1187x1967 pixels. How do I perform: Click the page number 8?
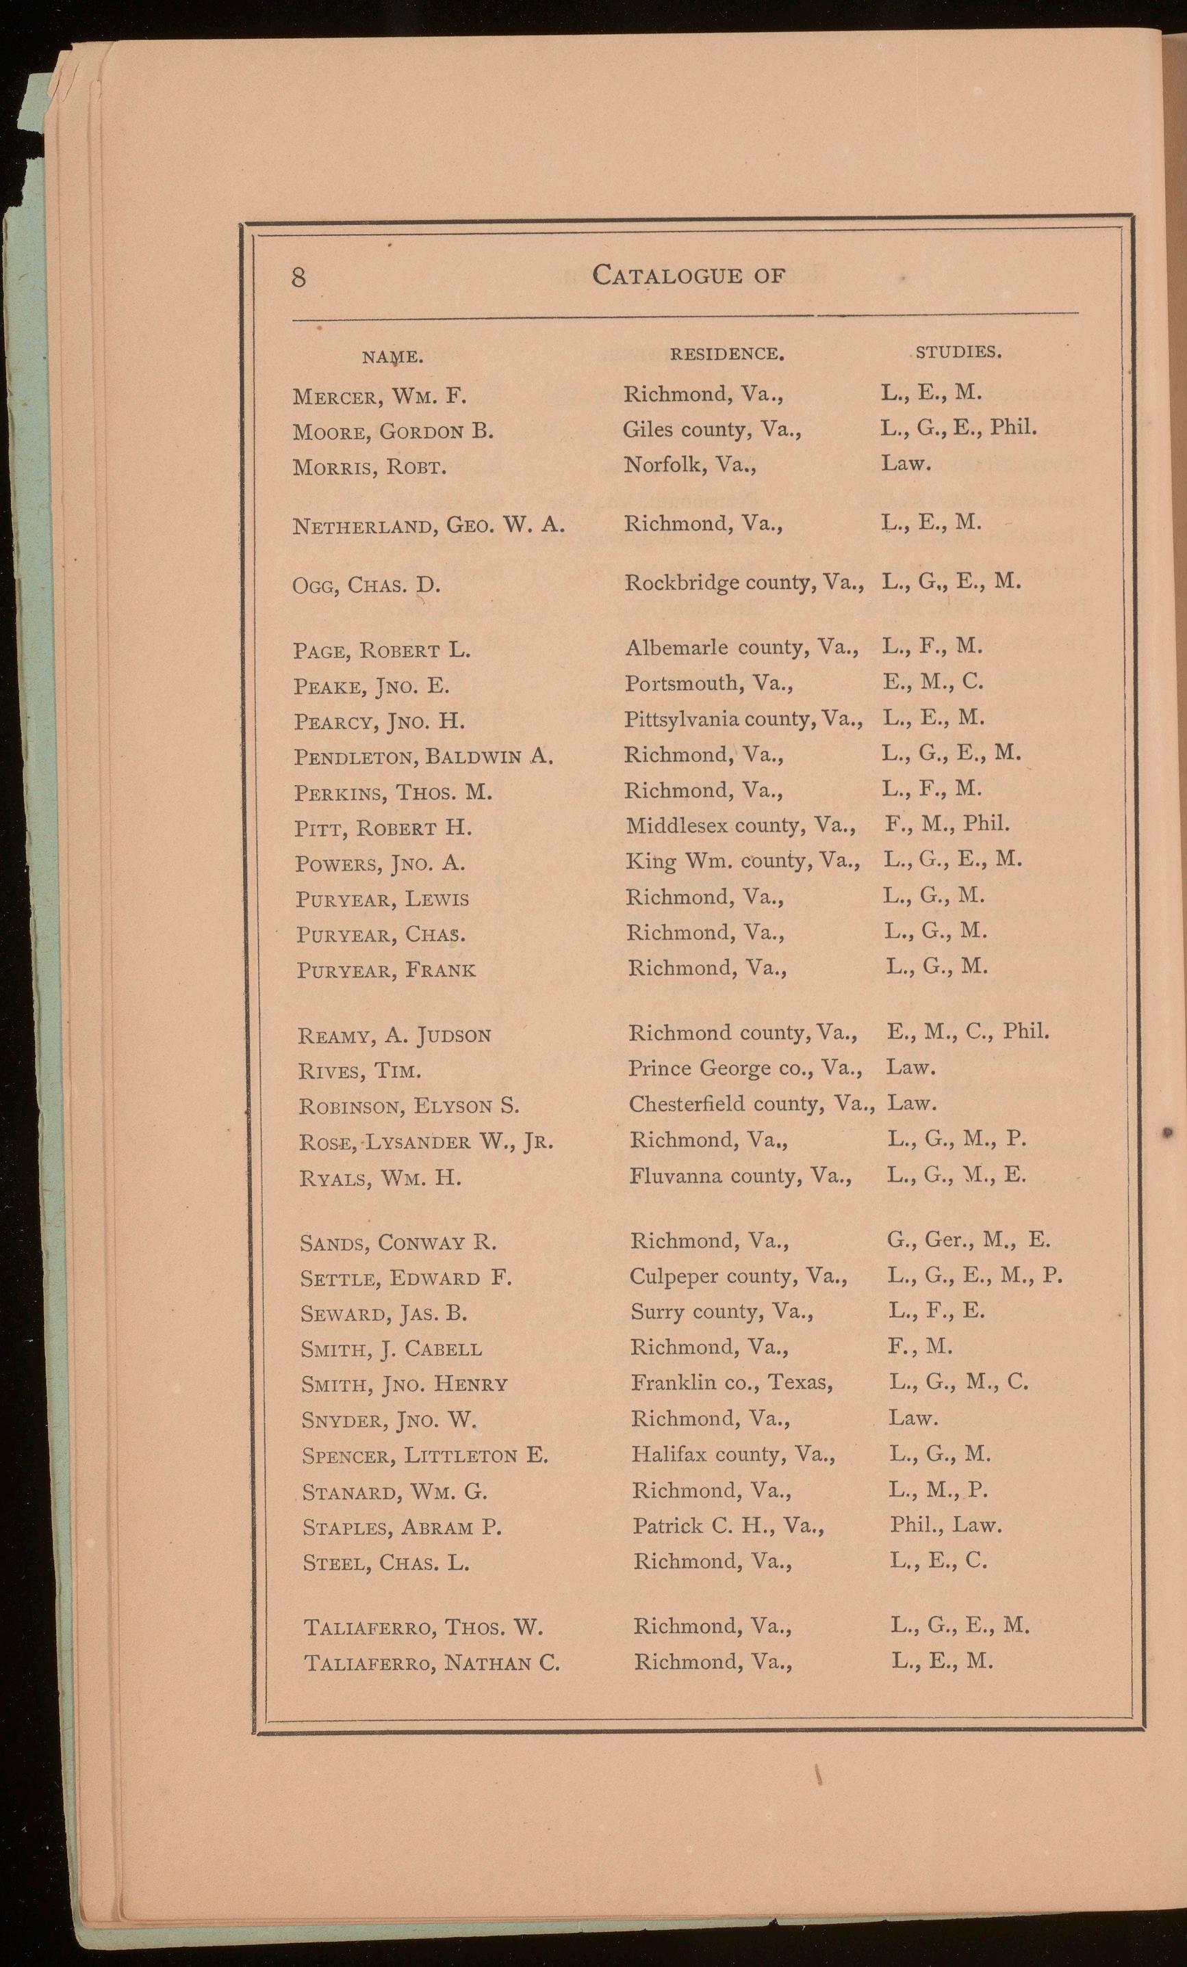298,277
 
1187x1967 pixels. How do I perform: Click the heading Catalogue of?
689,276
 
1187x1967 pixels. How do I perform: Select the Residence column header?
726,354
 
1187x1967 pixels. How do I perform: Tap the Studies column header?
958,352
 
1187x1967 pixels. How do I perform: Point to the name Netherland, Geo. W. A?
429,525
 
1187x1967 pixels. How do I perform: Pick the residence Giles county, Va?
712,430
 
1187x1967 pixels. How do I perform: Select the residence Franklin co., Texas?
732,1382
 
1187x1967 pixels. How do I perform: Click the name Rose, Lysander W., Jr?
426,1142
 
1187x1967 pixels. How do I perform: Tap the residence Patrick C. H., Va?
728,1526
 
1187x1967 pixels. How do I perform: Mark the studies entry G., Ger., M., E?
968,1240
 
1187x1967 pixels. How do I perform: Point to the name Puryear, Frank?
386,970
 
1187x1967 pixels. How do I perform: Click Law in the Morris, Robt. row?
906,463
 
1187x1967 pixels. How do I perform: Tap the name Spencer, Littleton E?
425,1455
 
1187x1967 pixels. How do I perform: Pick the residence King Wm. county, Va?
743,861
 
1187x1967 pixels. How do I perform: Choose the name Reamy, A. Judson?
394,1035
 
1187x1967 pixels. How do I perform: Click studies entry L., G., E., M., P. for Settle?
975,1276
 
